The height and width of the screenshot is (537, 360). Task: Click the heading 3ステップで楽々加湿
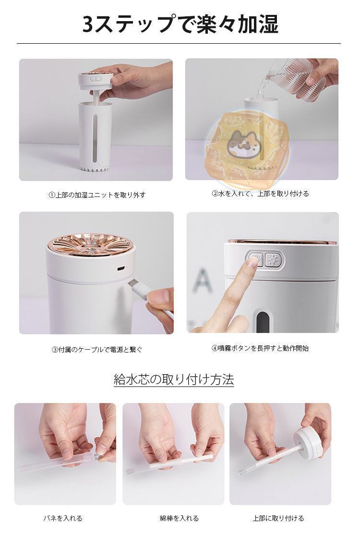pyautogui.click(x=180, y=24)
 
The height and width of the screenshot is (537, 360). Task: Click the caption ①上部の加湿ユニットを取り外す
pyautogui.click(x=97, y=195)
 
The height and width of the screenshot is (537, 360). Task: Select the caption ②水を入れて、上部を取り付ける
pyautogui.click(x=261, y=194)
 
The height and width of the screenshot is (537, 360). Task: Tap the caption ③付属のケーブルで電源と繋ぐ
pyautogui.click(x=97, y=350)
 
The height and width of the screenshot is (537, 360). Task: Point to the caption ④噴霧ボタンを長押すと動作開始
pyautogui.click(x=260, y=348)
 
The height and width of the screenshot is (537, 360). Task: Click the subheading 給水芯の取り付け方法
pyautogui.click(x=174, y=380)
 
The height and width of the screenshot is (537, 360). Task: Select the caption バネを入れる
pyautogui.click(x=63, y=518)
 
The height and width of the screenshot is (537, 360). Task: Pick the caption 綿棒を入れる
pyautogui.click(x=179, y=518)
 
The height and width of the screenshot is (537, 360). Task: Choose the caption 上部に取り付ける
pyautogui.click(x=278, y=518)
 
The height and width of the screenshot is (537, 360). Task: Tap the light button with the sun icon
pyautogui.click(x=273, y=260)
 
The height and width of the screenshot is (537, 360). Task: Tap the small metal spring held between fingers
pyautogui.click(x=101, y=450)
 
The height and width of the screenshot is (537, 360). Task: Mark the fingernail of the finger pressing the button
pyautogui.click(x=252, y=263)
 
